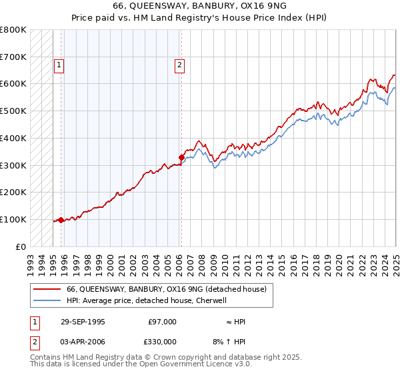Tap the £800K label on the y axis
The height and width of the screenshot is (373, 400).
[x=13, y=30]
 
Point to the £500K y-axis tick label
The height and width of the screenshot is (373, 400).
[x=13, y=111]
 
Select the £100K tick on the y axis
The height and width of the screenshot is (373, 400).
[x=13, y=219]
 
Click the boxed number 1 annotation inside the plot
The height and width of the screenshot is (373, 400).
[x=59, y=65]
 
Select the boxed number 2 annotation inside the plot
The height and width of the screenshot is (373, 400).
[x=180, y=65]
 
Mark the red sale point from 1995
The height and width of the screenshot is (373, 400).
[x=61, y=220]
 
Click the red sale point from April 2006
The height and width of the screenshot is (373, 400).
[x=181, y=157]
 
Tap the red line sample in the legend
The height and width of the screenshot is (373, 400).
[x=47, y=289]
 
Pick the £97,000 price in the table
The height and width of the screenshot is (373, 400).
[x=163, y=322]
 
